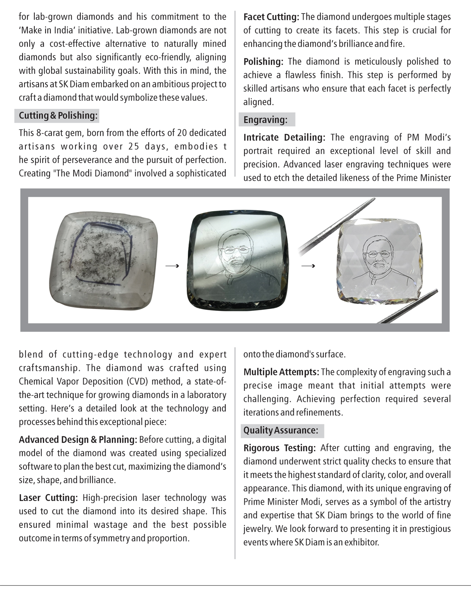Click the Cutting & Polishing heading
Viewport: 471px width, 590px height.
pos(58,115)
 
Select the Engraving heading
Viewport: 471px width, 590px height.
pos(265,120)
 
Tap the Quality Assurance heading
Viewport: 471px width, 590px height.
pos(281,430)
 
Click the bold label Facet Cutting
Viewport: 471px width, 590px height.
pos(271,17)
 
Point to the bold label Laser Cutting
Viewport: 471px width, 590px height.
pos(48,498)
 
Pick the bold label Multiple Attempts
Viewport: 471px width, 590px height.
pos(281,372)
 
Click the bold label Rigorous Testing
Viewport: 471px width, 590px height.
pos(279,448)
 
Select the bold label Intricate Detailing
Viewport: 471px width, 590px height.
pos(284,138)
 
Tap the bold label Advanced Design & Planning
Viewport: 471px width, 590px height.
pos(78,440)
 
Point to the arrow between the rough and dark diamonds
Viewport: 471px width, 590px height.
pos(172,266)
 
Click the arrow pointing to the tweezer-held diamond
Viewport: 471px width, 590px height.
pos(308,266)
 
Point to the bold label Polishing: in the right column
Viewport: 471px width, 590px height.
pos(263,62)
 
